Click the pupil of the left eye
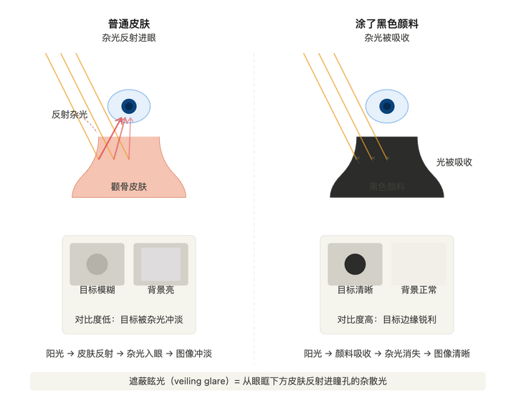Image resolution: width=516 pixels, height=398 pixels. click(129, 106)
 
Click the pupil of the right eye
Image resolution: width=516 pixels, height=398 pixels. click(387, 106)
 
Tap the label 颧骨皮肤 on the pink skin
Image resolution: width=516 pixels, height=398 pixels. click(129, 186)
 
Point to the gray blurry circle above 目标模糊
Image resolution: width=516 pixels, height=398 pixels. click(97, 264)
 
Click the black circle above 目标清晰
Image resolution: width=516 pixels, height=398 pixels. click(355, 264)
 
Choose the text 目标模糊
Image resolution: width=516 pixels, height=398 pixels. click(97, 291)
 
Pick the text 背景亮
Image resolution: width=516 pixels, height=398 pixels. click(161, 291)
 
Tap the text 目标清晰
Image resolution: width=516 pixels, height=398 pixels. click(355, 291)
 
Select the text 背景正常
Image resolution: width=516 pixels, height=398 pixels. click(419, 291)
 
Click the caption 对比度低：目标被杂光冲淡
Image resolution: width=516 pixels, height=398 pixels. click(129, 319)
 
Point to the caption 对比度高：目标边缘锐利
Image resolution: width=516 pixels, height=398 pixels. click(387, 319)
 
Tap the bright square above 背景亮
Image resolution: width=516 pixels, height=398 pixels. click(161, 264)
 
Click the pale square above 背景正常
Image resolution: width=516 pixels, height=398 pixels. click(419, 264)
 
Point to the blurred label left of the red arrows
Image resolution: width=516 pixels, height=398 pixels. click(69, 114)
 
